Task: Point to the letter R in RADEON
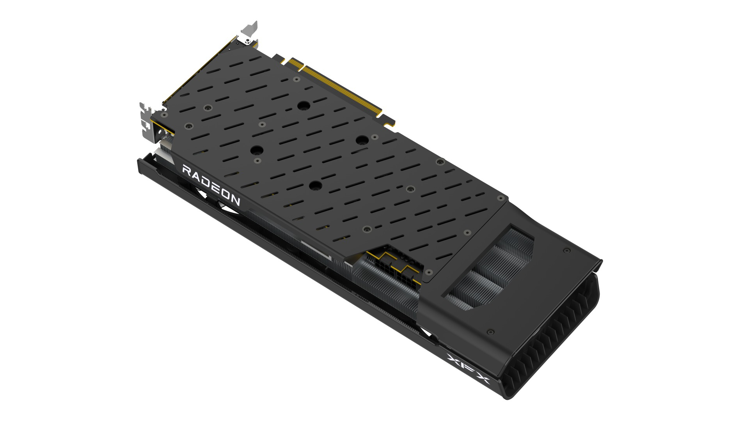(187, 171)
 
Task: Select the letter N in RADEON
(235, 201)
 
